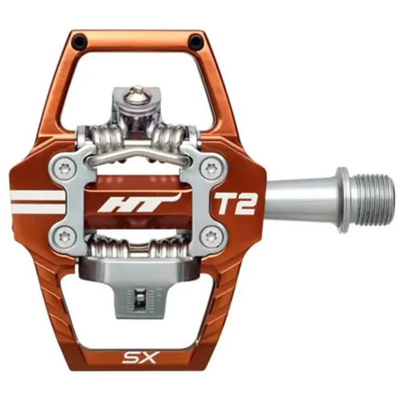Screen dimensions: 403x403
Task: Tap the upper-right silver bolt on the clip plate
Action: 211,168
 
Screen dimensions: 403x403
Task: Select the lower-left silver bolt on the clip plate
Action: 68,235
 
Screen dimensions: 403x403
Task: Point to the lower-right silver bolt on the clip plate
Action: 211,236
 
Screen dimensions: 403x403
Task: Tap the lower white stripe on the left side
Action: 36,208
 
